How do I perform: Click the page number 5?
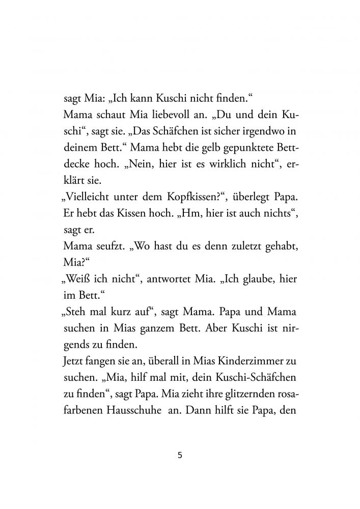click(x=180, y=455)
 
